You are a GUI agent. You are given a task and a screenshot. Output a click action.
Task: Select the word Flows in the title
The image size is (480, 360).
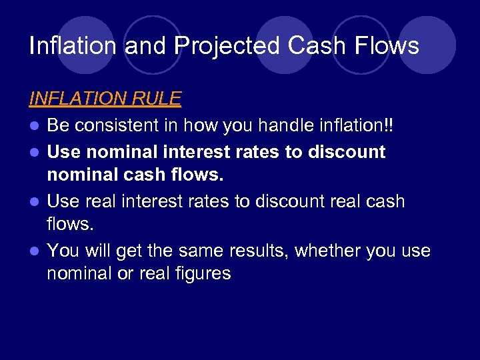pyautogui.click(x=387, y=46)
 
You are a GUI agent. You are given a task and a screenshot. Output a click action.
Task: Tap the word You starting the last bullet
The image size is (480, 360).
pyautogui.click(x=63, y=251)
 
